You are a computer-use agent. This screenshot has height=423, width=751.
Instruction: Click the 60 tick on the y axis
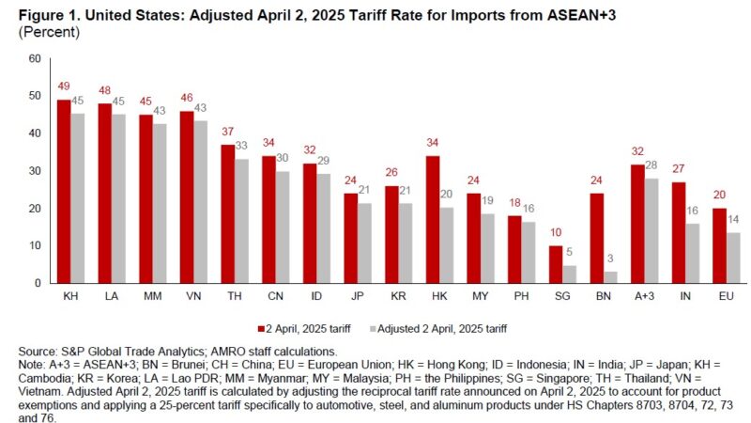[x=35, y=58]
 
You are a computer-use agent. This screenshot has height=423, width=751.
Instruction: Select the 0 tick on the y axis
[x=38, y=283]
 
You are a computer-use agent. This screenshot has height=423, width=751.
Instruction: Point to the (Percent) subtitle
[x=43, y=31]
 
